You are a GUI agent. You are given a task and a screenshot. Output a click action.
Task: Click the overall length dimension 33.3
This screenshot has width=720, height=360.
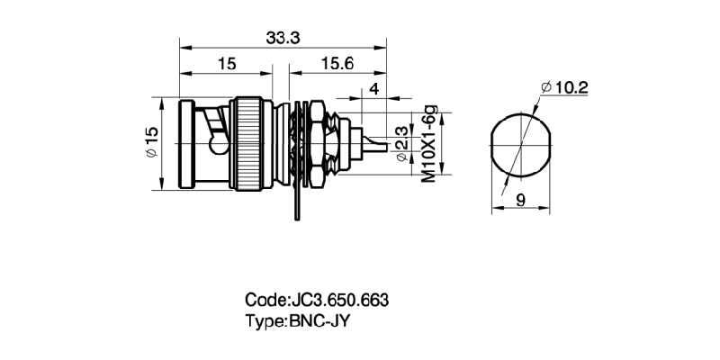tap(283, 37)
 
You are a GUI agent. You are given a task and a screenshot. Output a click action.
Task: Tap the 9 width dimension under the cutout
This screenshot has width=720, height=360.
tap(520, 202)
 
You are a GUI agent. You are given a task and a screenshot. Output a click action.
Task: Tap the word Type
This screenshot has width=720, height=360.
tap(265, 319)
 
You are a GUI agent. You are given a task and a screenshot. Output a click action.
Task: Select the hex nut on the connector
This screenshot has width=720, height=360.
tap(316, 144)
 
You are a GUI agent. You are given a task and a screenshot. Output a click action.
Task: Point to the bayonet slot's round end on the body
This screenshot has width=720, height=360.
tap(216, 144)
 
